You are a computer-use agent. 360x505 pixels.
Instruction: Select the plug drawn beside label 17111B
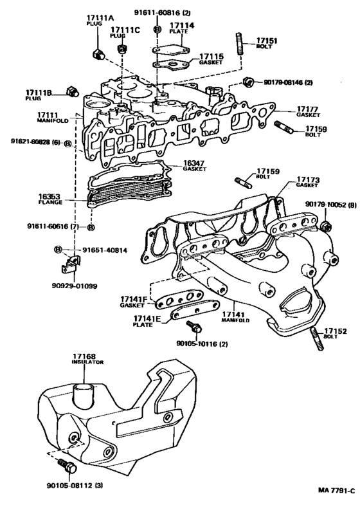pyautogui.click(x=71, y=91)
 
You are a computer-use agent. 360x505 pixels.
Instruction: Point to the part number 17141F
pyautogui.click(x=134, y=299)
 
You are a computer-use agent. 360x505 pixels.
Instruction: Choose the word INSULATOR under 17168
pyautogui.click(x=83, y=362)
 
